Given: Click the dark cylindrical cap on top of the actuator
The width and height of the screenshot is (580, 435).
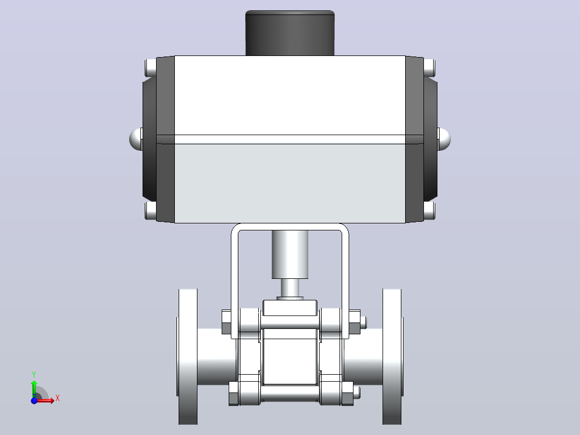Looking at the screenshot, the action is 290,33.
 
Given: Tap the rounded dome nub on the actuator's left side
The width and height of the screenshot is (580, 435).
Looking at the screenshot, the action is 136,139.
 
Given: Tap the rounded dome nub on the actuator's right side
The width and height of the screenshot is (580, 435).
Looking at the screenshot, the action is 444,139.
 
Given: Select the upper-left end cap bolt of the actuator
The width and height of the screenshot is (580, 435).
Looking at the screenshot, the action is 151,68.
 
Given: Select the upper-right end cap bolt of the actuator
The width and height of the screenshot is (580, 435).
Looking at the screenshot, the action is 429,68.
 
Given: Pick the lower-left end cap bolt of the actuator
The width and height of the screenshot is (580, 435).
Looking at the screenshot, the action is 151,211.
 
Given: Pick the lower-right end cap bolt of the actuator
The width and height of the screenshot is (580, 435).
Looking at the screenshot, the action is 429,211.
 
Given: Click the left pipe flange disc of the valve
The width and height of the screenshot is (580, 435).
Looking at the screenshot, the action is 188,356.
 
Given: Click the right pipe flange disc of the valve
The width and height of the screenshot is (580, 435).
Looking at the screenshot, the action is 392,356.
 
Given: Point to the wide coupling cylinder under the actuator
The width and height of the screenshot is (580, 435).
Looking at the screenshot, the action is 290,254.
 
